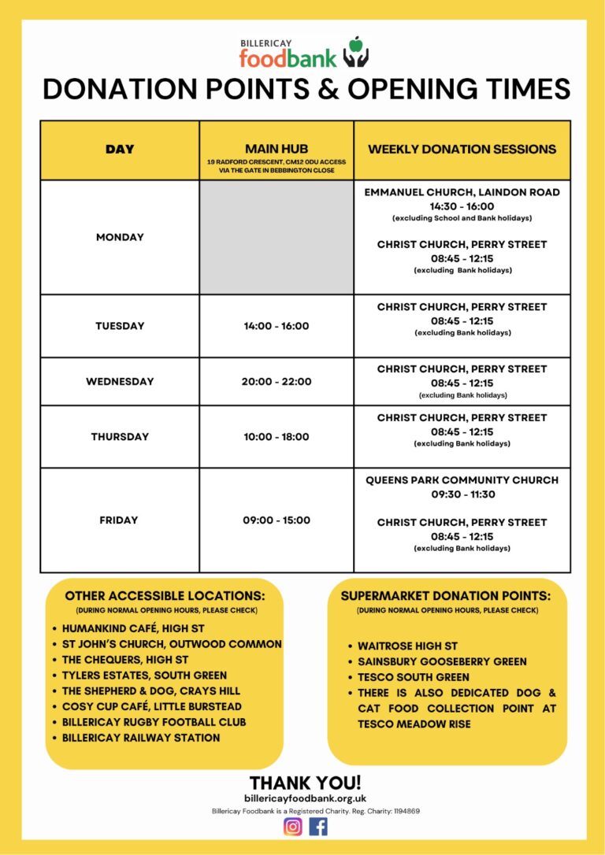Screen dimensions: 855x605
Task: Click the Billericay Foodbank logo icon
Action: tap(356, 52)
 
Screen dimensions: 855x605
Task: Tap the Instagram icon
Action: tap(293, 826)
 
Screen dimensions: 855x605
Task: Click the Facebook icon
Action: tap(318, 826)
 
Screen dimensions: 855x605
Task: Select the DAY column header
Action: tap(120, 149)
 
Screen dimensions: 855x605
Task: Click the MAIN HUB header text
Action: tap(276, 148)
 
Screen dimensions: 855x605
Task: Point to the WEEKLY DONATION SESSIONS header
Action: tap(462, 149)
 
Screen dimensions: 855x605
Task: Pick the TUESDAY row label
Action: tap(120, 326)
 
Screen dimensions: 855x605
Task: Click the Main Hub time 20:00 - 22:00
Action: tap(277, 381)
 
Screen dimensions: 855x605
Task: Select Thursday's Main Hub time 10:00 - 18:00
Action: tap(277, 436)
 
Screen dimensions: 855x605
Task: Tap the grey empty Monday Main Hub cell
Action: tap(277, 237)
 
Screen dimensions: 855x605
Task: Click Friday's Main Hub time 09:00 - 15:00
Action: tap(277, 520)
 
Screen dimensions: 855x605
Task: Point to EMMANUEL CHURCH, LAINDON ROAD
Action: tap(462, 192)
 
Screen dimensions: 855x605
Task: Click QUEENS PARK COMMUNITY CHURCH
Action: tap(462, 480)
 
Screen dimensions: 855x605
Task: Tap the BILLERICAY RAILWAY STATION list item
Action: tap(141, 738)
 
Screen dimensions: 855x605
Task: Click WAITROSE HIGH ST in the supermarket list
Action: tap(407, 646)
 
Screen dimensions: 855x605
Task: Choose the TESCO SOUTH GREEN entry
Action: tap(413, 677)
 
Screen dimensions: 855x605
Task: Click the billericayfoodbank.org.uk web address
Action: tap(305, 798)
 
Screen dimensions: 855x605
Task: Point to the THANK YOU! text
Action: tap(305, 783)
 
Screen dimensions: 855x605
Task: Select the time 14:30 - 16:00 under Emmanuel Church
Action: tap(462, 206)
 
